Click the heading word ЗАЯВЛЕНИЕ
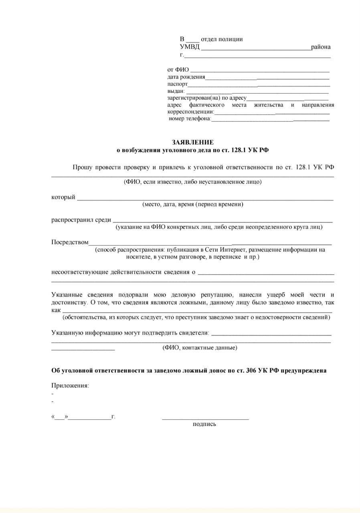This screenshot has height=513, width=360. click(192, 142)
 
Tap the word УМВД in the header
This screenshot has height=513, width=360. click(189, 47)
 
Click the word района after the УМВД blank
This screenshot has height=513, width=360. click(321, 47)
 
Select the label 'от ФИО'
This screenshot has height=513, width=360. click(178, 70)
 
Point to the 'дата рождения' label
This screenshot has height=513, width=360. click(186, 77)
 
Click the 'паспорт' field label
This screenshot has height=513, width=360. click(177, 84)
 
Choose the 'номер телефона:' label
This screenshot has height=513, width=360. click(190, 119)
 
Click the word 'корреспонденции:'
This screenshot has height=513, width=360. click(190, 112)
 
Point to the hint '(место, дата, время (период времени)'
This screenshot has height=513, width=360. click(193, 204)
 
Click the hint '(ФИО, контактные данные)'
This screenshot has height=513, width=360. click(200, 347)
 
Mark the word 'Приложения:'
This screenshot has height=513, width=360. click(70, 386)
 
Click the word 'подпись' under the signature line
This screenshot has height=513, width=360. click(204, 424)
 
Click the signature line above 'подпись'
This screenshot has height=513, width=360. click(205, 419)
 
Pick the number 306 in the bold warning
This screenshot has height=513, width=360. click(250, 371)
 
